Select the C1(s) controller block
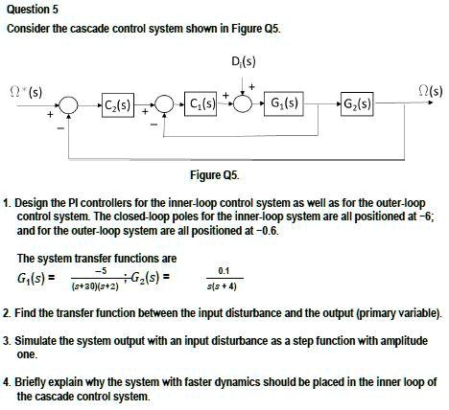pyautogui.click(x=201, y=104)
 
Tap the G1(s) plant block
pyautogui.click(x=284, y=103)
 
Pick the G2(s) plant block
pyautogui.click(x=357, y=103)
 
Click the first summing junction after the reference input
pyautogui.click(x=69, y=105)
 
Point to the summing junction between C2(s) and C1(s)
pyautogui.click(x=164, y=104)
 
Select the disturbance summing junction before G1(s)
pyautogui.click(x=243, y=103)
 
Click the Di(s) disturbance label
pyautogui.click(x=243, y=61)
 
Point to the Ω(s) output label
pyautogui.click(x=431, y=92)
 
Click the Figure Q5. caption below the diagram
pyautogui.click(x=215, y=175)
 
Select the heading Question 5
pyautogui.click(x=33, y=10)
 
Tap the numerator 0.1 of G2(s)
pyautogui.click(x=224, y=271)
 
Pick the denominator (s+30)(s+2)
pyautogui.click(x=95, y=286)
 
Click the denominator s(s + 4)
pyautogui.click(x=222, y=286)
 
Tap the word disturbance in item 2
pyautogui.click(x=251, y=313)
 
